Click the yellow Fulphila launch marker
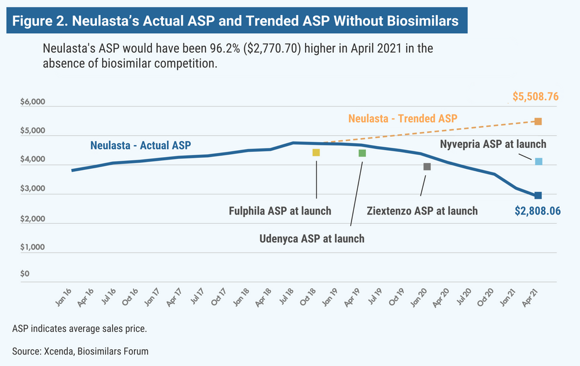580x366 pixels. pos(316,153)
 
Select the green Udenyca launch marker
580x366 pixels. pos(362,153)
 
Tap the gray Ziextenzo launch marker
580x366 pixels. pos(427,166)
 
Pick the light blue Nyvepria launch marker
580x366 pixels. pos(538,161)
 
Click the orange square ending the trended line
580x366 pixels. pos(538,121)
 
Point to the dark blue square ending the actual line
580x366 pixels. pos(538,195)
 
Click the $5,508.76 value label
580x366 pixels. pos(535,97)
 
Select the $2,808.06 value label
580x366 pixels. pos(538,212)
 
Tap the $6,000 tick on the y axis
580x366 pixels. pos(32,103)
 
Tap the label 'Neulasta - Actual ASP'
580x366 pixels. pos(140,145)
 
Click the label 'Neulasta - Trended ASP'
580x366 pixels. pos(403,118)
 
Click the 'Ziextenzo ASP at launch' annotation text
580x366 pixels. pos(422,211)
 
